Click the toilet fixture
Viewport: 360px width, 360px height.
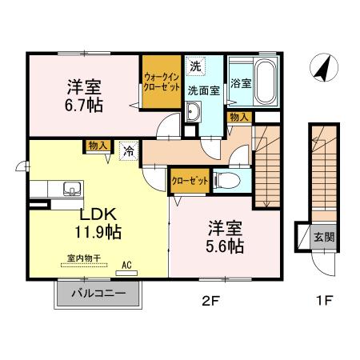(227, 180)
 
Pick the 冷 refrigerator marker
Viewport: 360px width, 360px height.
(128, 148)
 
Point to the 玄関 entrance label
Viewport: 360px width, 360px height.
(323, 236)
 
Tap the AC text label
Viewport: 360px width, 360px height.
(126, 264)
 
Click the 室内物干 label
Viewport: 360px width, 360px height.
(82, 258)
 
